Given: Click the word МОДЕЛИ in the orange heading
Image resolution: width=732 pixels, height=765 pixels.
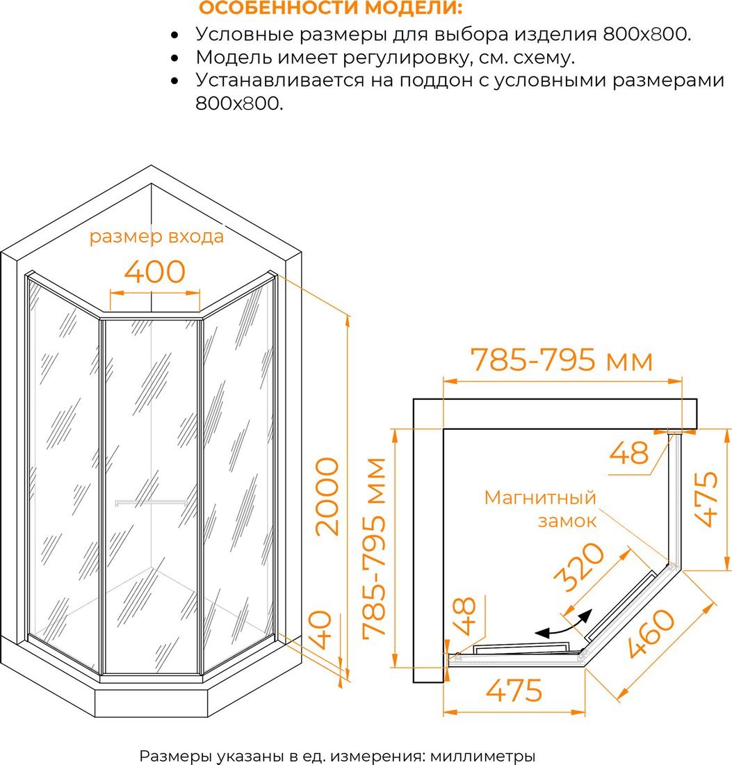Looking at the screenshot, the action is [x=414, y=8].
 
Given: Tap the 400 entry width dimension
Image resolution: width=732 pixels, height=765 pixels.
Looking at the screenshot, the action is [x=154, y=272].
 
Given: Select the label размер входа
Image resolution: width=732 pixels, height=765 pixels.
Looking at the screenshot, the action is [x=156, y=236].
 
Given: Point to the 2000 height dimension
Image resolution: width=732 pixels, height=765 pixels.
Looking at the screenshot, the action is [x=327, y=497].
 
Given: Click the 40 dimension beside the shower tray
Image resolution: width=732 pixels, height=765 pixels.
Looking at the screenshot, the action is [x=321, y=630].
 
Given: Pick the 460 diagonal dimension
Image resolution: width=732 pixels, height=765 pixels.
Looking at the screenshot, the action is [x=651, y=634].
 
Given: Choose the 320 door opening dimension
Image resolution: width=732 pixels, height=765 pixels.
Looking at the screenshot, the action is [x=580, y=567].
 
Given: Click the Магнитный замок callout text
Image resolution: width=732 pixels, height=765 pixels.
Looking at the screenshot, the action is [x=540, y=509].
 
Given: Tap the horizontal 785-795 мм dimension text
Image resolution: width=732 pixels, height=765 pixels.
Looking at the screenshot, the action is [x=561, y=360].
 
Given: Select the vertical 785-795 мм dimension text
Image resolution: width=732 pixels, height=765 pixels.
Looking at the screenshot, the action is [x=375, y=549].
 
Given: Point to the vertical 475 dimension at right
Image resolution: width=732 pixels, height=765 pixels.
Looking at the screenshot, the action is [x=707, y=499].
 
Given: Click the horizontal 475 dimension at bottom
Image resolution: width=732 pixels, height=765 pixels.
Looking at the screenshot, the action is [x=514, y=691].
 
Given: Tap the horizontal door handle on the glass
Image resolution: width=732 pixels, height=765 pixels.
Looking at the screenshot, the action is [x=151, y=503].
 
